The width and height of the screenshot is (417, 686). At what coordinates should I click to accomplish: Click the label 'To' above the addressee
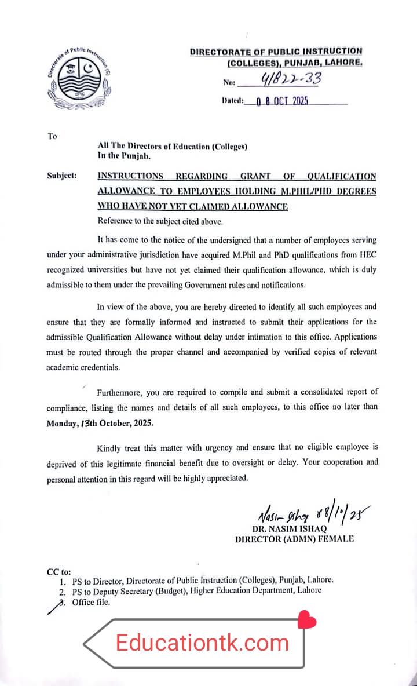pos(53,136)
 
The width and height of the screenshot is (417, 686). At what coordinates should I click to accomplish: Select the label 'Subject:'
pos(62,176)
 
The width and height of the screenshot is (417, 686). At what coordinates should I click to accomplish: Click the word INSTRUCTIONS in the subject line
pos(130,176)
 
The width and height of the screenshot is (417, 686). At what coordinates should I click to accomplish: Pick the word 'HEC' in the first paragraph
pos(366,254)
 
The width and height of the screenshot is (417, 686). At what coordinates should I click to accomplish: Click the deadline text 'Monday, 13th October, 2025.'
pos(100,423)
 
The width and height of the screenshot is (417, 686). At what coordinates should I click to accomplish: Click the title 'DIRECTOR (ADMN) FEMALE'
pos(294,539)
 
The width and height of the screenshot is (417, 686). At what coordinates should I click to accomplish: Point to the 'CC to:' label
pos(58,571)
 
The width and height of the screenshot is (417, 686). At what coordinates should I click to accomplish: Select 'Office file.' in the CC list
pos(91,602)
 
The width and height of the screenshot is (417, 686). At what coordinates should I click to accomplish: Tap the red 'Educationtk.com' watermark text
pos(202,643)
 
